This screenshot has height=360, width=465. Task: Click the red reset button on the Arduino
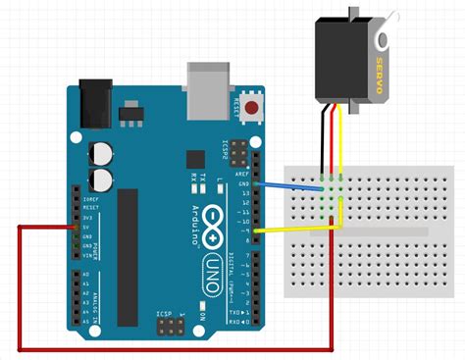pos(254,108)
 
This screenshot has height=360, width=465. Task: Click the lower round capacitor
pos(100,179)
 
